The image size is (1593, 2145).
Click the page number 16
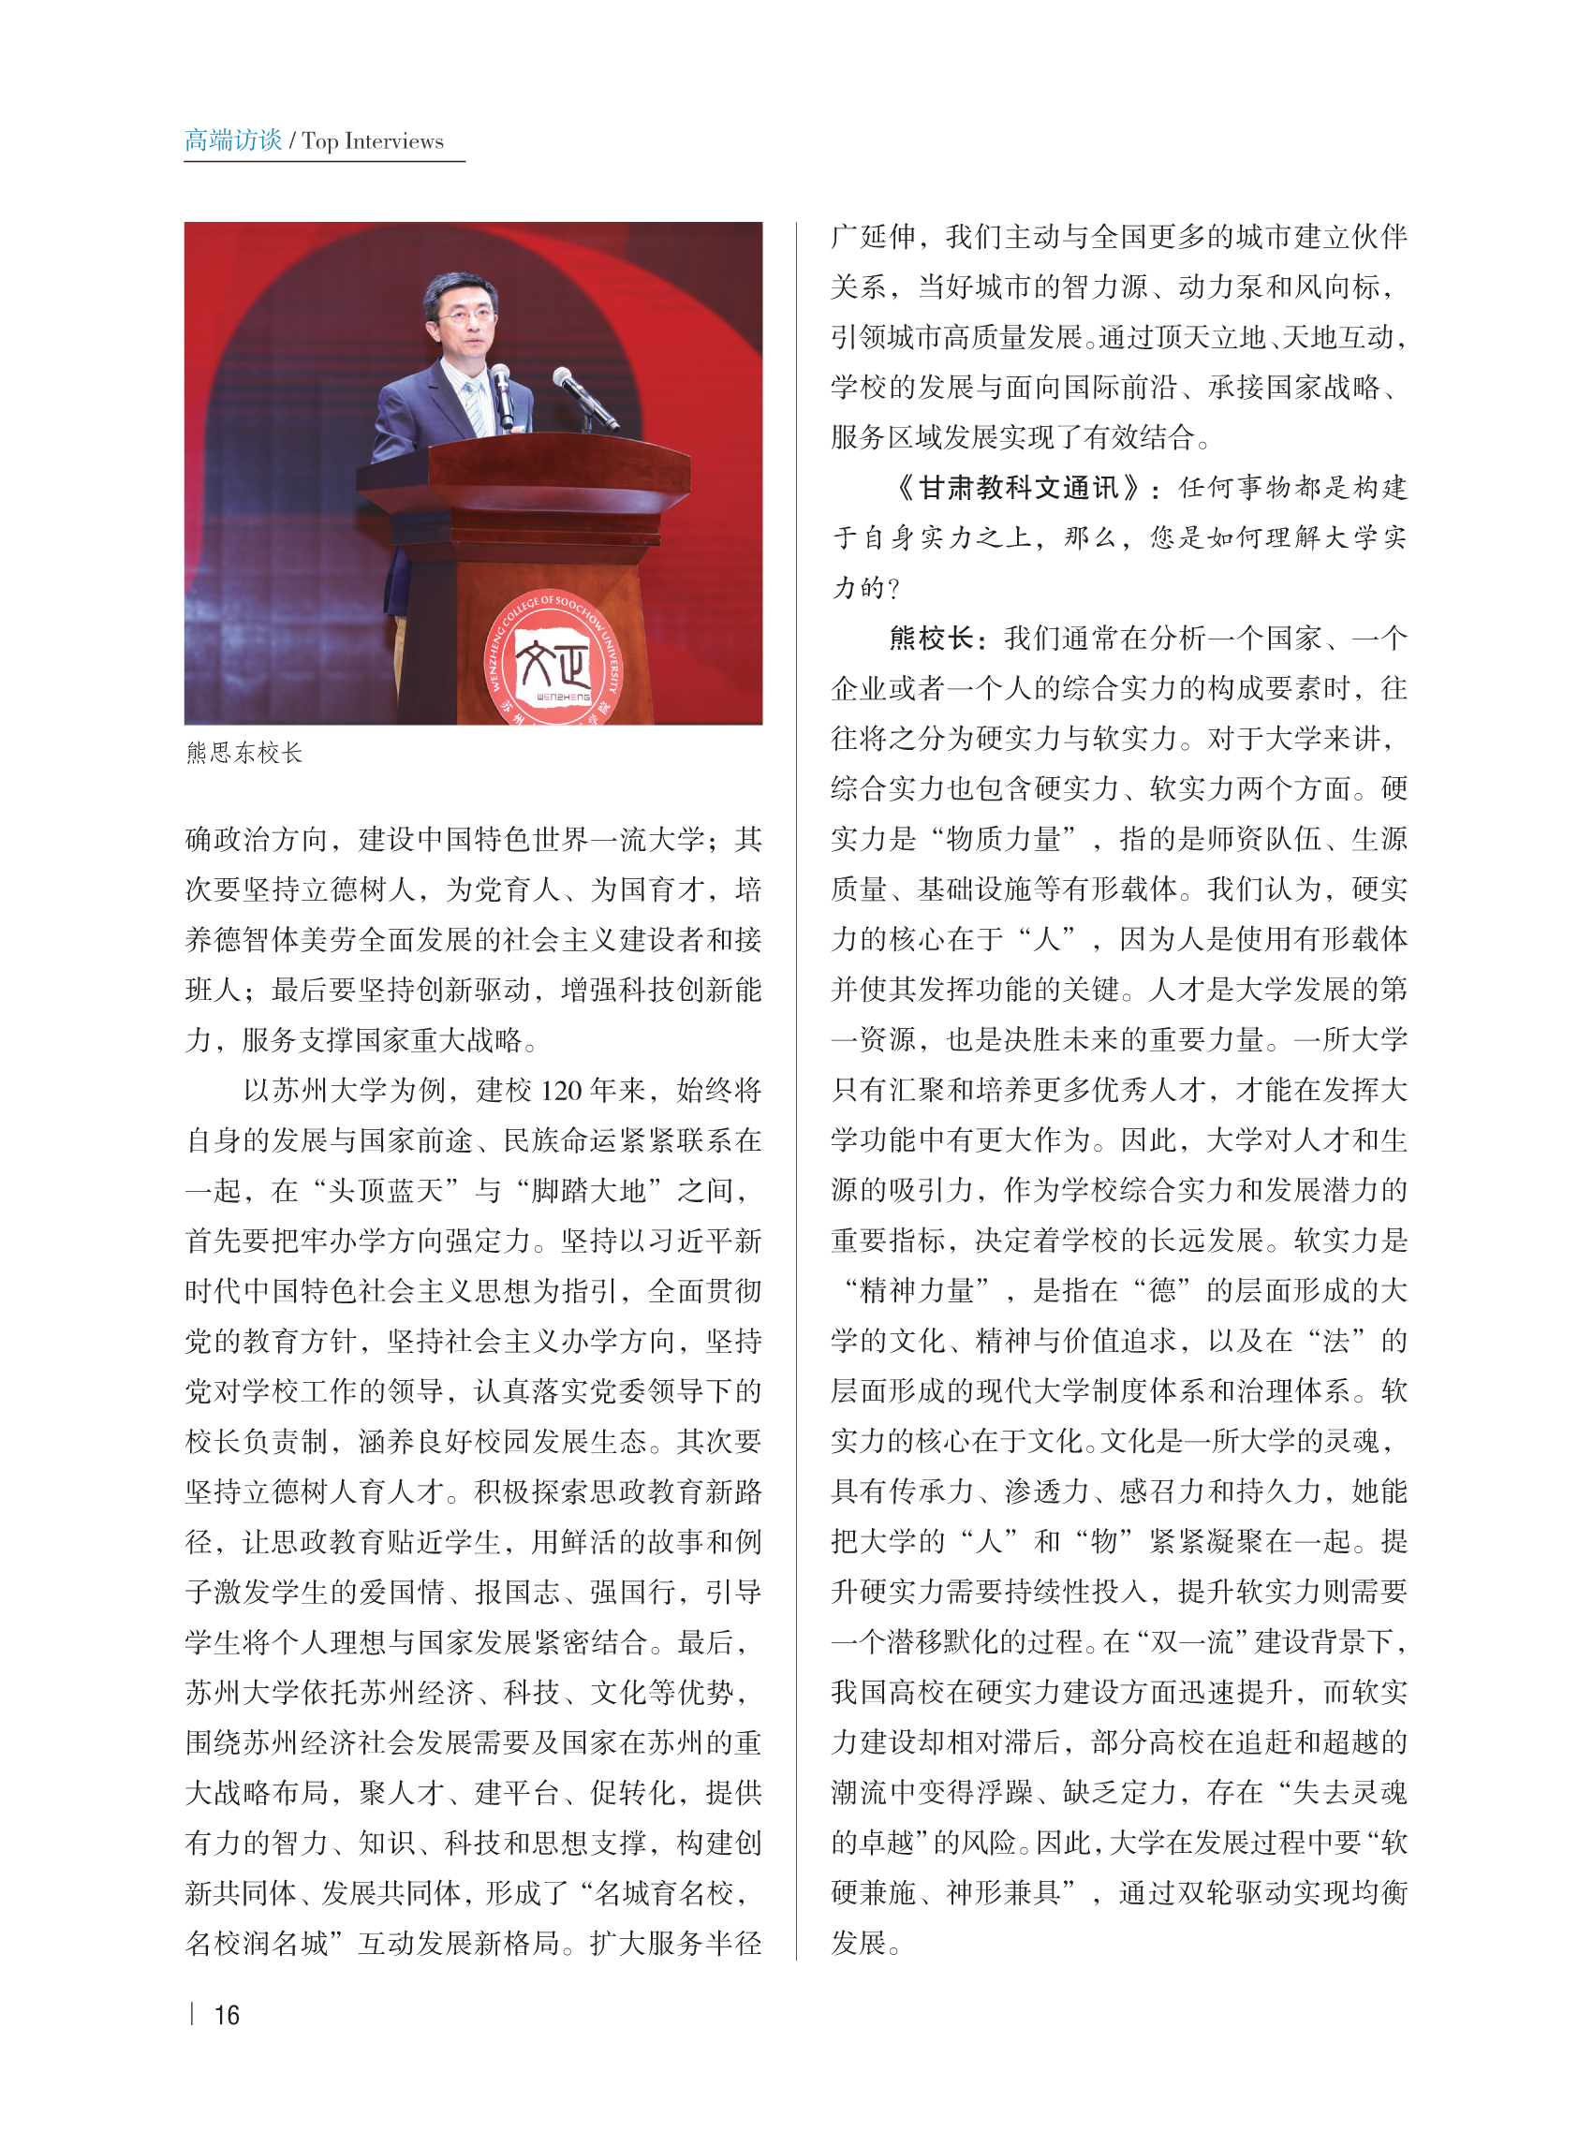point(227,2015)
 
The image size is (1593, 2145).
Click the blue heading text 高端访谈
point(233,140)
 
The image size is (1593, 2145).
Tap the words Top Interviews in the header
point(372,141)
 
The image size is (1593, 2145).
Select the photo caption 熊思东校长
point(244,753)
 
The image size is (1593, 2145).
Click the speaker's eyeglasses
point(465,314)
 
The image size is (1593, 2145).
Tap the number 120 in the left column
point(561,1092)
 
